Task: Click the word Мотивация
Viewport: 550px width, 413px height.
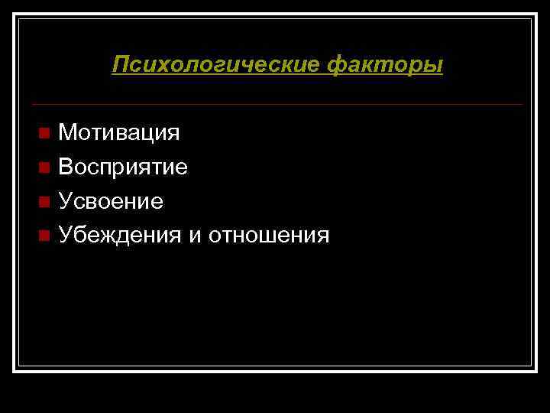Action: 119,133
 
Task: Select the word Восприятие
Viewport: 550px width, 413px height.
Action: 123,167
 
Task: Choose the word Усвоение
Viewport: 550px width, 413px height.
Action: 111,202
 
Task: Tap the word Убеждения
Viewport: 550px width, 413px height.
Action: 120,236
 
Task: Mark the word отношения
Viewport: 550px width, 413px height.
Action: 269,236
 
